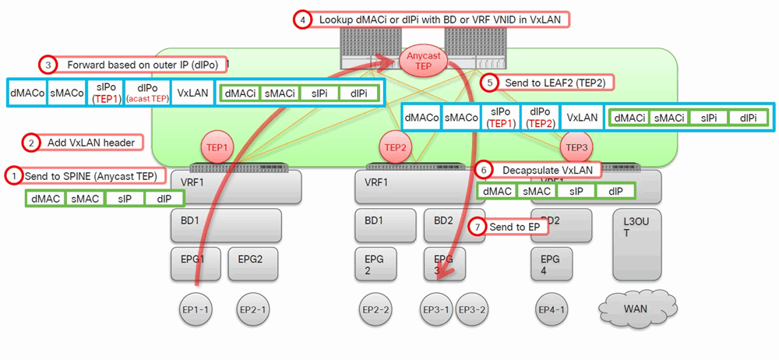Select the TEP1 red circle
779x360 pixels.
pos(217,146)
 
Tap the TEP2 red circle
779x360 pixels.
pos(396,146)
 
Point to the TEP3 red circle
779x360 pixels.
pos(576,146)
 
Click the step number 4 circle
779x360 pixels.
pos(302,19)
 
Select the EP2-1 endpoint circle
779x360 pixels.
pos(254,309)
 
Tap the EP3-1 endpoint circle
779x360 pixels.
pos(436,309)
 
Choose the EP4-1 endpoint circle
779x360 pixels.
pos(552,309)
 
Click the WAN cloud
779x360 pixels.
pos(635,309)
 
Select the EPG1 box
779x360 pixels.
pos(196,264)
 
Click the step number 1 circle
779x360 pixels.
pos(13,175)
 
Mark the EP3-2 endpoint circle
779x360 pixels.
pos(472,309)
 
